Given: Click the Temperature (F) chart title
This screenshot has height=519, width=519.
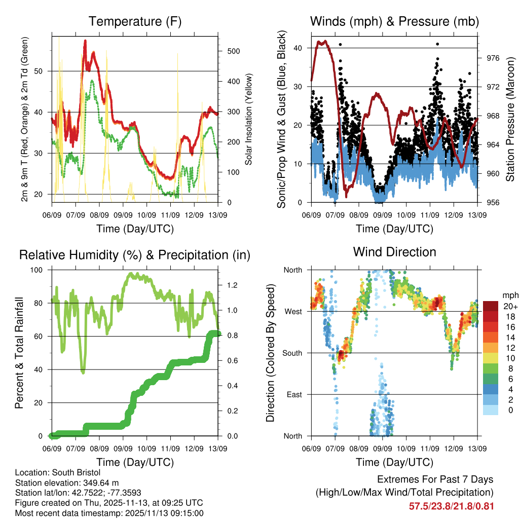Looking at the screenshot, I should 135,22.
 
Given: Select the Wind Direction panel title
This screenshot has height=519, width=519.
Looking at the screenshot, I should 394,252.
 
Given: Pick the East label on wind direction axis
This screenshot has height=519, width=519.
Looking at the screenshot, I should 293,394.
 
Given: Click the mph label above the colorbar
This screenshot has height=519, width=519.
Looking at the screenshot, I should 509,295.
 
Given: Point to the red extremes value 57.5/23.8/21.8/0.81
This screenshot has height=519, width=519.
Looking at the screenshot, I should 451,506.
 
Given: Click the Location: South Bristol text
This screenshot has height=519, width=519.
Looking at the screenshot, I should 58,472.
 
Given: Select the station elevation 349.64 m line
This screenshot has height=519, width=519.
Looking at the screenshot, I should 67,483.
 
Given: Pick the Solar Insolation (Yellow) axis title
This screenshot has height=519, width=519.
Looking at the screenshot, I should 249,120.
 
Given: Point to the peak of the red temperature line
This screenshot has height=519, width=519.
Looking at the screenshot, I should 85,40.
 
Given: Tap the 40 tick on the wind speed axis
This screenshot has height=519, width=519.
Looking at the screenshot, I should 300,48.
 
